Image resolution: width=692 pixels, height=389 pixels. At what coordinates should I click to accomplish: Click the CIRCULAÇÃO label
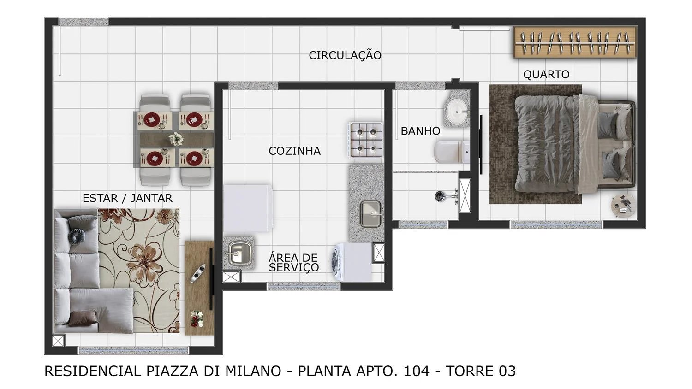point(345,55)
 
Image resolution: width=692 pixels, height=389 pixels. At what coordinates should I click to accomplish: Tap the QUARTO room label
point(546,74)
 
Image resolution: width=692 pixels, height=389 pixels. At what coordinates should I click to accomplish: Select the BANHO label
point(420,131)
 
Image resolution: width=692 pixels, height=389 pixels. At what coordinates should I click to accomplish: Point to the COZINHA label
point(294,151)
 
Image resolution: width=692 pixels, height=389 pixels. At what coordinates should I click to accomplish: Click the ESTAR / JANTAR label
point(127,198)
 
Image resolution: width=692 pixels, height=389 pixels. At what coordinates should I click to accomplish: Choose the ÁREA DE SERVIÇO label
point(294,263)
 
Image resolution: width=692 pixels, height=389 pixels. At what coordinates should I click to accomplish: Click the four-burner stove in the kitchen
point(366,140)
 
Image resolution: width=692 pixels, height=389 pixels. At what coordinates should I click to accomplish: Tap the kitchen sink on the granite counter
point(370,214)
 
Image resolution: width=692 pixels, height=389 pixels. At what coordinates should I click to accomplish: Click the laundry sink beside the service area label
point(238,252)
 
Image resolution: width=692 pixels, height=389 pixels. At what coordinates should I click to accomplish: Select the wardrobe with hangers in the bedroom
point(576,43)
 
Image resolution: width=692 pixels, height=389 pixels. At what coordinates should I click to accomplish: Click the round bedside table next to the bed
point(624,205)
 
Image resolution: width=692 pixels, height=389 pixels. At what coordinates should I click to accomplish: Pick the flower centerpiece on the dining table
point(175,138)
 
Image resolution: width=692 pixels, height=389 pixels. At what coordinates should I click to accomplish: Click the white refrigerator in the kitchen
point(247,208)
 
